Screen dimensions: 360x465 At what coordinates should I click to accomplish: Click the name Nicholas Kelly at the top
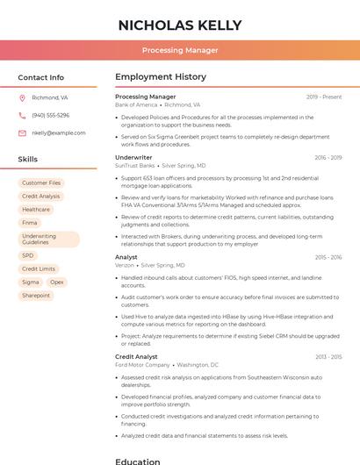[179, 24]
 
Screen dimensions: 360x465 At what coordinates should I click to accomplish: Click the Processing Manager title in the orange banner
[180, 50]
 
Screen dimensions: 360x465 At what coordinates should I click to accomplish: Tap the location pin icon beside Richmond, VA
[22, 97]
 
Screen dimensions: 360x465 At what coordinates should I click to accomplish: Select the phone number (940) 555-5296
[50, 115]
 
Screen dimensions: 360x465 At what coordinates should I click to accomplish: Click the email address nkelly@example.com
[58, 132]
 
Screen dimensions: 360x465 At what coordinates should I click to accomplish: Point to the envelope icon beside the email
[22, 132]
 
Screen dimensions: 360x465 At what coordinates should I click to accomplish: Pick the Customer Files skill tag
[41, 182]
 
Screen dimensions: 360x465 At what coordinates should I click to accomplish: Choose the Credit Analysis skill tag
[40, 196]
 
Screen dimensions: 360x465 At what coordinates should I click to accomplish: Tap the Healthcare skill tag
[36, 210]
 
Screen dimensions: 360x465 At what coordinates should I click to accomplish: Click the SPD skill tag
[28, 255]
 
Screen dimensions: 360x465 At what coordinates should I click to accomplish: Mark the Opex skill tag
[57, 282]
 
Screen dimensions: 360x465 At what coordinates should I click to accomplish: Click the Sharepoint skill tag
[36, 296]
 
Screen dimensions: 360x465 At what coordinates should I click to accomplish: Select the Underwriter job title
[133, 157]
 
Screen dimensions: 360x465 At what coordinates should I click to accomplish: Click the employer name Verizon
[125, 265]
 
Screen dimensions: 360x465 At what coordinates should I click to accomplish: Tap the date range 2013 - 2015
[328, 357]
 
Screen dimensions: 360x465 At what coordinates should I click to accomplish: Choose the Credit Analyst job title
[136, 357]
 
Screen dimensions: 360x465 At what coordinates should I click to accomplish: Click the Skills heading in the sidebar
[27, 159]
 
